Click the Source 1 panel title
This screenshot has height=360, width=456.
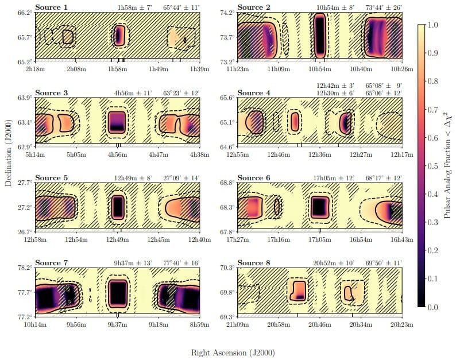click(x=51, y=7)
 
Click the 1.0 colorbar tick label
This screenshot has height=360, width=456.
click(x=435, y=26)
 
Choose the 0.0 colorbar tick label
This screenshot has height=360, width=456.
click(x=435, y=307)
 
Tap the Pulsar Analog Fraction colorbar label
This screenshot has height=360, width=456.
click(x=449, y=167)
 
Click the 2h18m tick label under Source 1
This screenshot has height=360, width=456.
click(x=36, y=69)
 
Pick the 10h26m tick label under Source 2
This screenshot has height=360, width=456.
click(x=400, y=69)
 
